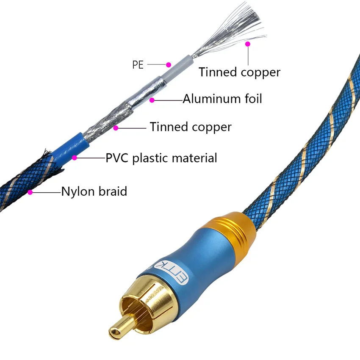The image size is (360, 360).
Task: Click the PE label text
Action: [138, 65]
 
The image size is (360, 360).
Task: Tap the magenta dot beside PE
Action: [169, 65]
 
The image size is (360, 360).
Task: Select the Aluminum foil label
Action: [222, 99]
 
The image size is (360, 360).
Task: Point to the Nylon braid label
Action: [94, 191]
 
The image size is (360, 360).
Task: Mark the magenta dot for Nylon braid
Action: [30, 192]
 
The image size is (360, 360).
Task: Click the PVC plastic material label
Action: [161, 158]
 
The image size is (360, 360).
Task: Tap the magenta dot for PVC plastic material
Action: [75, 158]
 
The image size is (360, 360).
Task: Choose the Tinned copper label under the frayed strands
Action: [240, 72]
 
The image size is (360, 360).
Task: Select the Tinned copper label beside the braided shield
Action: [191, 127]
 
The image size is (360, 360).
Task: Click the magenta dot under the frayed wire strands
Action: [248, 44]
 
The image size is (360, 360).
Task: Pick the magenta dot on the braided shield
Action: [116, 127]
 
